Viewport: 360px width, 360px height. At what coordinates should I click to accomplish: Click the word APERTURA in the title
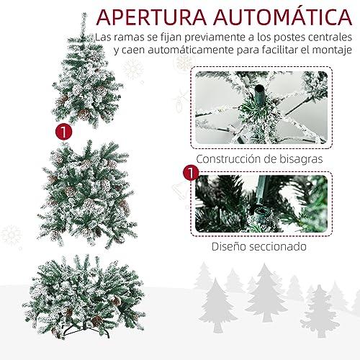tap(151, 17)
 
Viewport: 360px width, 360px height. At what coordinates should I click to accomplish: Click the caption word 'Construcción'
tap(228, 159)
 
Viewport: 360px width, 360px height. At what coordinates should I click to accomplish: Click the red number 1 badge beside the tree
tap(63, 132)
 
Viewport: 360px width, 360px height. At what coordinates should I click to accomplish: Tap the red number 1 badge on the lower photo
tap(191, 173)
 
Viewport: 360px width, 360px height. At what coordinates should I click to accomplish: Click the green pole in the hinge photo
tap(260, 95)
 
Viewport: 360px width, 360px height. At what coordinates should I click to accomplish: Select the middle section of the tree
tap(87, 194)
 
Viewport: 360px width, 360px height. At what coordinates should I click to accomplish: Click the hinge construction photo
tap(261, 107)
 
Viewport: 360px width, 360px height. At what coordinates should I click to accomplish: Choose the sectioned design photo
tap(261, 204)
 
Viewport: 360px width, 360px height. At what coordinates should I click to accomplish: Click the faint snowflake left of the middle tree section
tap(11, 235)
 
